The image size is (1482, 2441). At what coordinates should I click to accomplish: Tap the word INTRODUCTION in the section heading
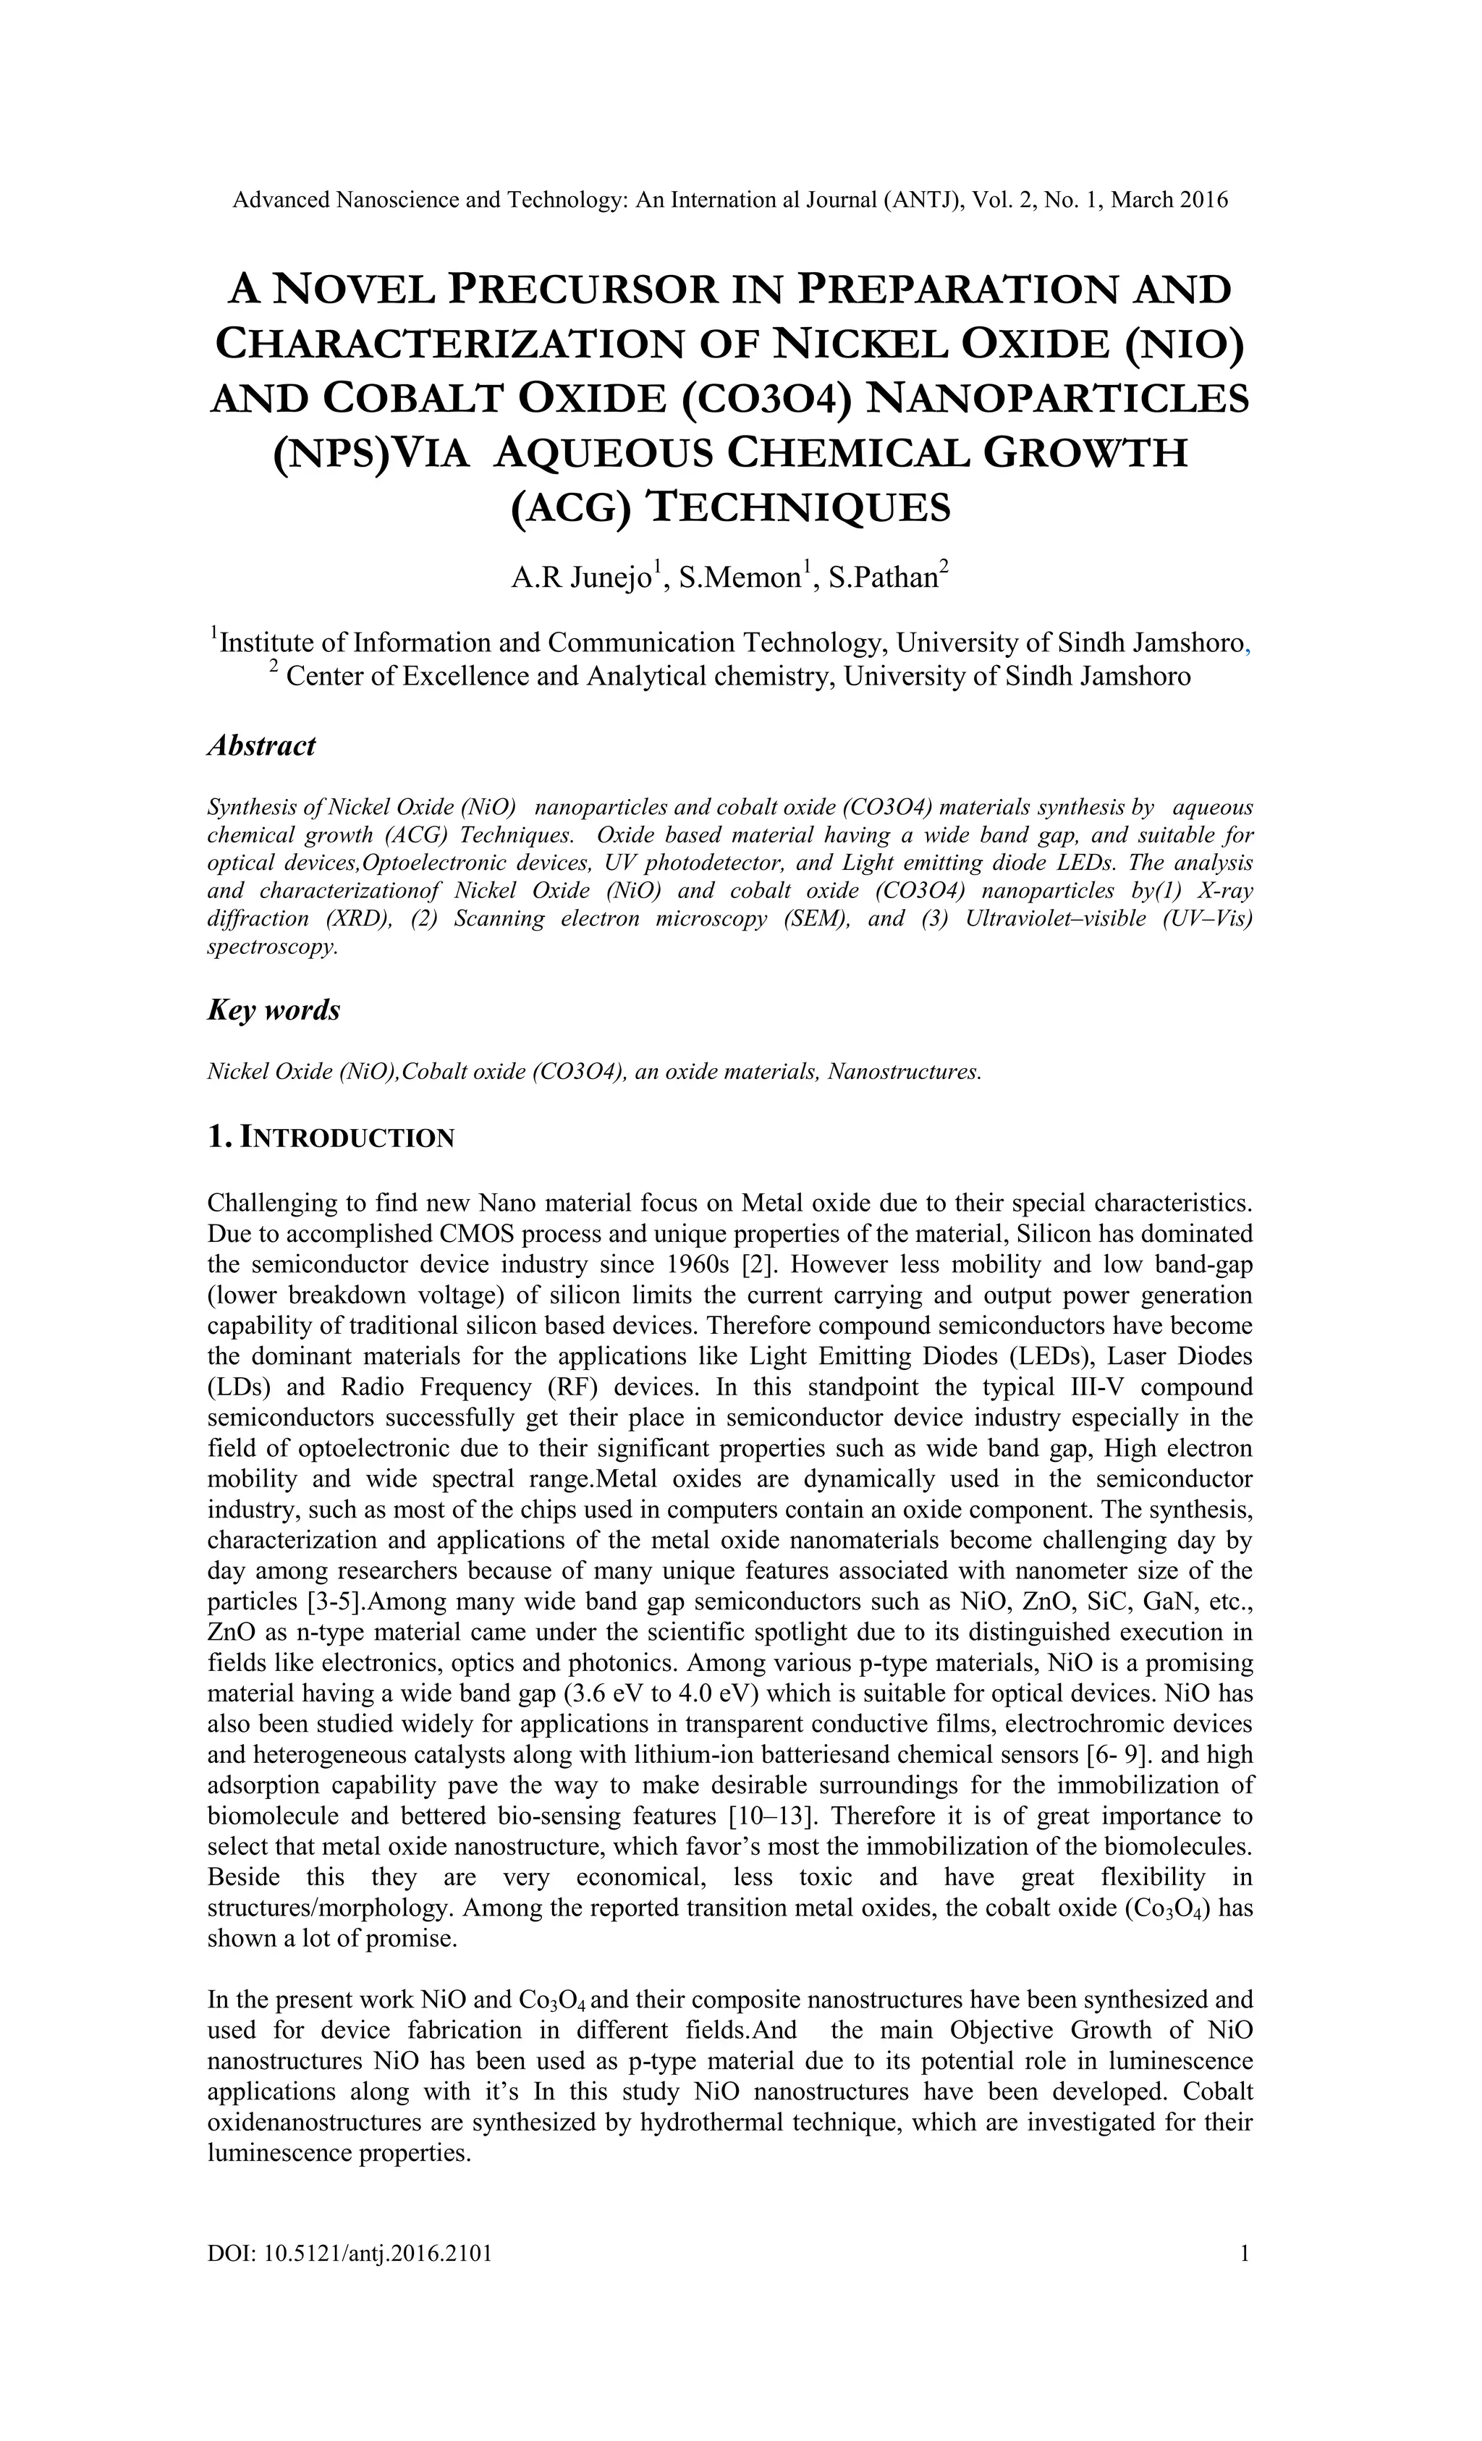point(348,1138)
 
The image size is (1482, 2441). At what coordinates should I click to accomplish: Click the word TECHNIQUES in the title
point(797,507)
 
